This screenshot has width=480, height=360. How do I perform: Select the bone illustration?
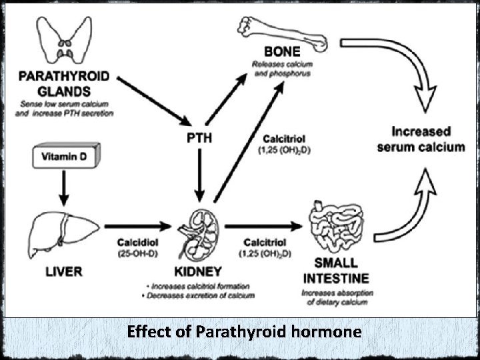pos(281,33)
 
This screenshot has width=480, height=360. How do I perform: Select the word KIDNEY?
pos(199,272)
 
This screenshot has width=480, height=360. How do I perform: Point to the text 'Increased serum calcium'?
pos(421,139)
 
